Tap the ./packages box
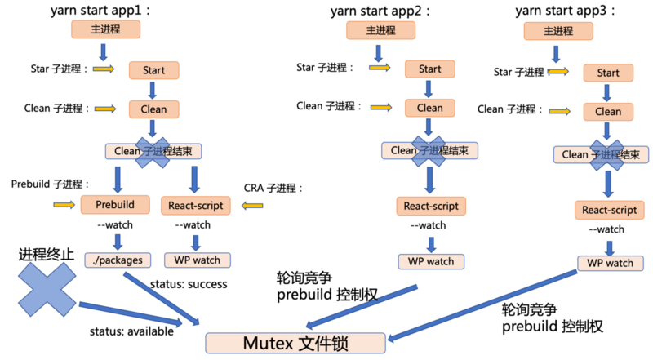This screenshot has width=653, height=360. point(118,260)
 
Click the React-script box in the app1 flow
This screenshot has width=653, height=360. point(197,204)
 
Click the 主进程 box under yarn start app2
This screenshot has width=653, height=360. point(380,30)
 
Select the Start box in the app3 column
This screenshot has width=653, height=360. point(607,73)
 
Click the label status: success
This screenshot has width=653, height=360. point(189,284)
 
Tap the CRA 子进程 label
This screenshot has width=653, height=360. point(273,189)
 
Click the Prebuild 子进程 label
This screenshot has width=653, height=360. point(50,184)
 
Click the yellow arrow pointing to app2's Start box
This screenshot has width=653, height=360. point(379,69)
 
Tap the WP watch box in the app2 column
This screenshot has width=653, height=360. point(430,261)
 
